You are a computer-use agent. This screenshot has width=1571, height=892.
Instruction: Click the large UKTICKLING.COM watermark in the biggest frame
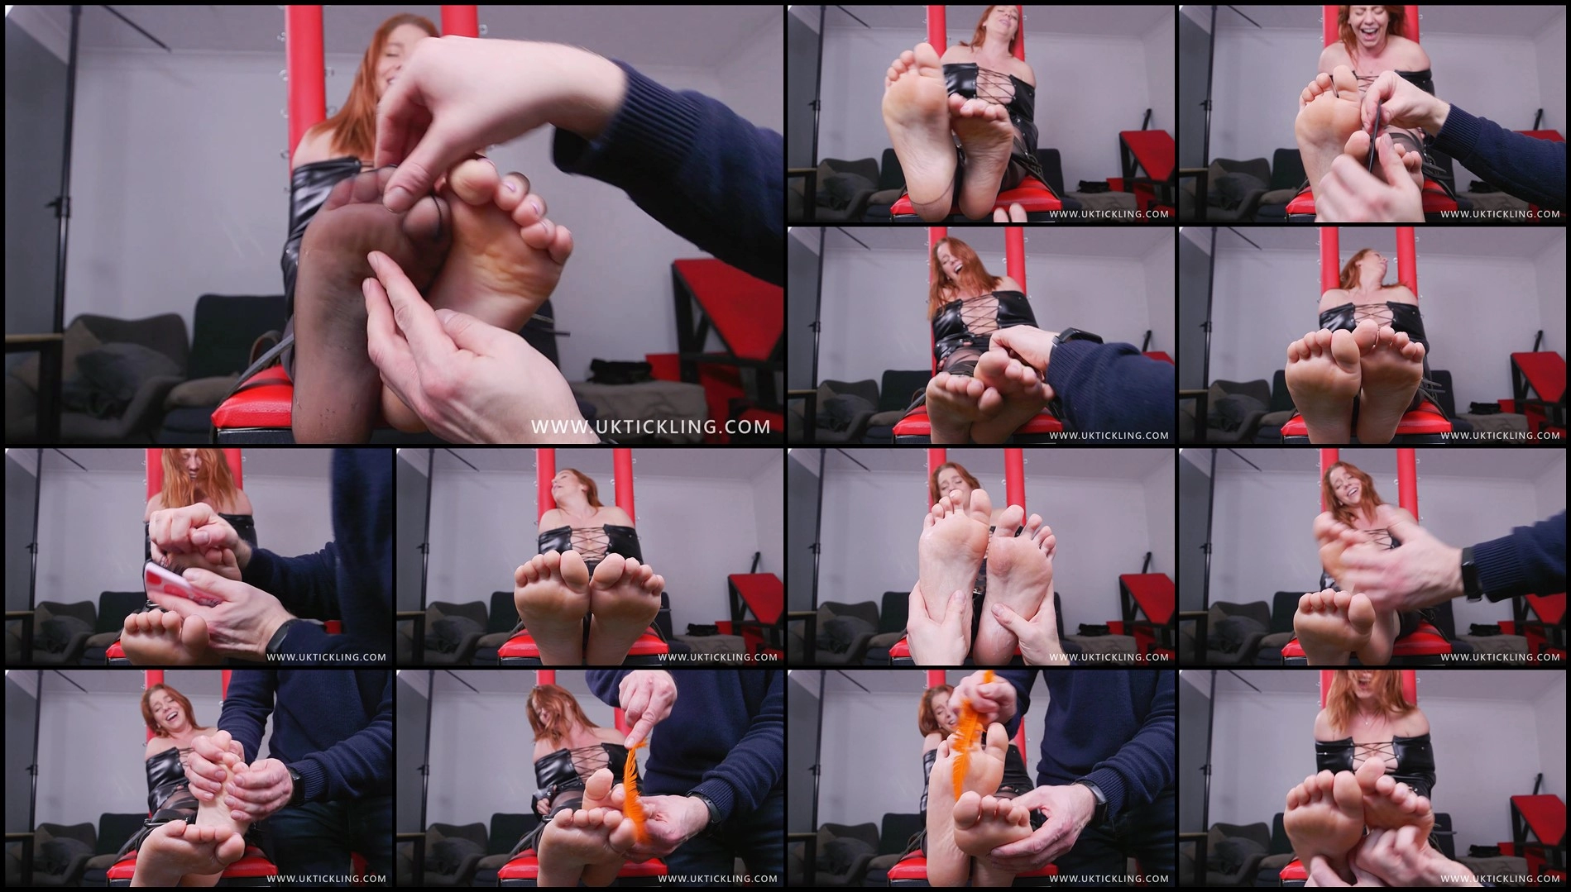pyautogui.click(x=650, y=426)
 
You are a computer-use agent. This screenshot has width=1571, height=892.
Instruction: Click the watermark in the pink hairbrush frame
pyautogui.click(x=326, y=657)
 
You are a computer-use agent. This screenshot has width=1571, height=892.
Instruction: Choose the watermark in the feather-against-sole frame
pyautogui.click(x=1109, y=879)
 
